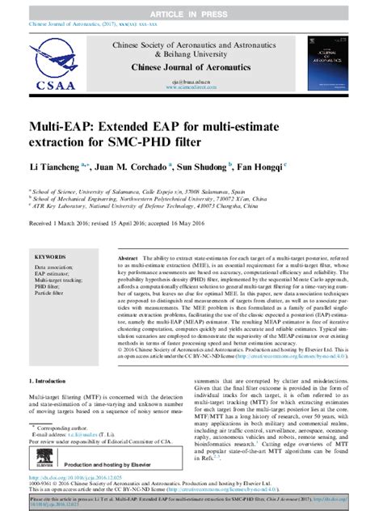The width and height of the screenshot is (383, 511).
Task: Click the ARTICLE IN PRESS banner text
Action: [191, 7]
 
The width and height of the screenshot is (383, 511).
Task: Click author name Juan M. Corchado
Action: [129, 167]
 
